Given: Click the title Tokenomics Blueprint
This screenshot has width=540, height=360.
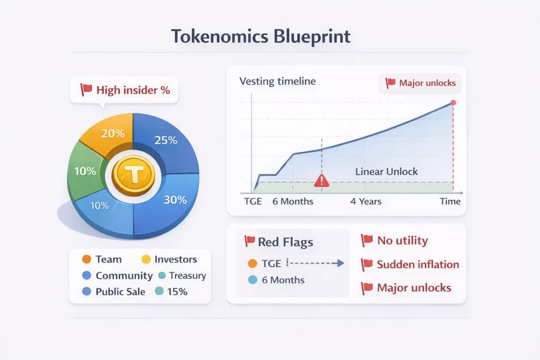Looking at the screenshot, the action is tap(261, 36).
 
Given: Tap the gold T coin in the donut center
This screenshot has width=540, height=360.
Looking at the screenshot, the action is tap(133, 176).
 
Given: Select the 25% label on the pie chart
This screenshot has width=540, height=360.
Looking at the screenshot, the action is tap(166, 140).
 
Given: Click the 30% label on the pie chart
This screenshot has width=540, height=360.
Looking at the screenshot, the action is tap(175, 200).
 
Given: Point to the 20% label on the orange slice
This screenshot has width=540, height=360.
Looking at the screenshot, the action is tap(113, 133).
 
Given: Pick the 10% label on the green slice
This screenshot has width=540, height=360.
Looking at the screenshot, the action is tap(85, 171).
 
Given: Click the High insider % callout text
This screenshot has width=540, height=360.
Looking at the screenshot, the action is tap(133, 90).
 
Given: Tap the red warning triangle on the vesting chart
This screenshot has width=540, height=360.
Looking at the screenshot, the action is tap(322, 180).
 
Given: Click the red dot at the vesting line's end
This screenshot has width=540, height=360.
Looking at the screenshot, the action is tap(453, 103).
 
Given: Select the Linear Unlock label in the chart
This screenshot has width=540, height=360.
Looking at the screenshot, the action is tap(387, 171).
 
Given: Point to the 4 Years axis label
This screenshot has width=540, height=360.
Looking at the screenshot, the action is tap(366, 201).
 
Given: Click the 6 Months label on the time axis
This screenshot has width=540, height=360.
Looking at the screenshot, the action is tap(293, 201).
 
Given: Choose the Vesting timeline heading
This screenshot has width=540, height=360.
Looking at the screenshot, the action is tap(277, 81).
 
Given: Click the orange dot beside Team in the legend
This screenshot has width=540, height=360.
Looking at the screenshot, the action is tap(87, 259).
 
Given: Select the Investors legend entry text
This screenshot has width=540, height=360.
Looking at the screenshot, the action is tap(176, 259).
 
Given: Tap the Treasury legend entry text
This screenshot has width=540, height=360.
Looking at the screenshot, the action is tap(188, 275).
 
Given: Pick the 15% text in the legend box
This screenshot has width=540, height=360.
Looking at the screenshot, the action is tap(177, 291).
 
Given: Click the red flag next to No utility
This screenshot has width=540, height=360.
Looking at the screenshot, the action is tap(367, 240).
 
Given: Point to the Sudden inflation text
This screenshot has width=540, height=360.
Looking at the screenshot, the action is tap(418, 264).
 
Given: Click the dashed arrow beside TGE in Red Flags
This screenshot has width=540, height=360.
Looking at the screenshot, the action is tap(315, 264).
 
